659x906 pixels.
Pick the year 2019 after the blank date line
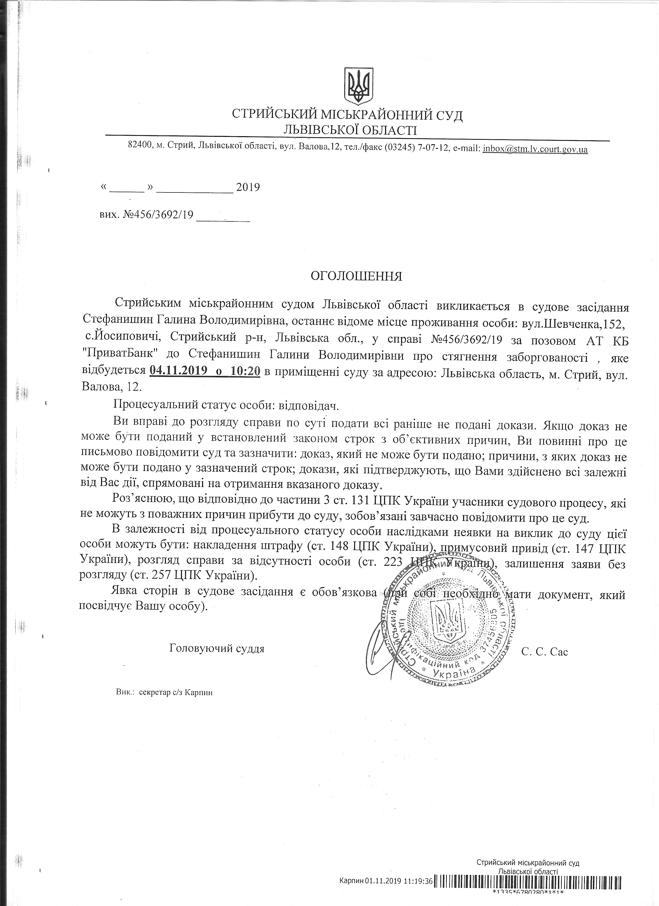(x=248, y=187)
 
